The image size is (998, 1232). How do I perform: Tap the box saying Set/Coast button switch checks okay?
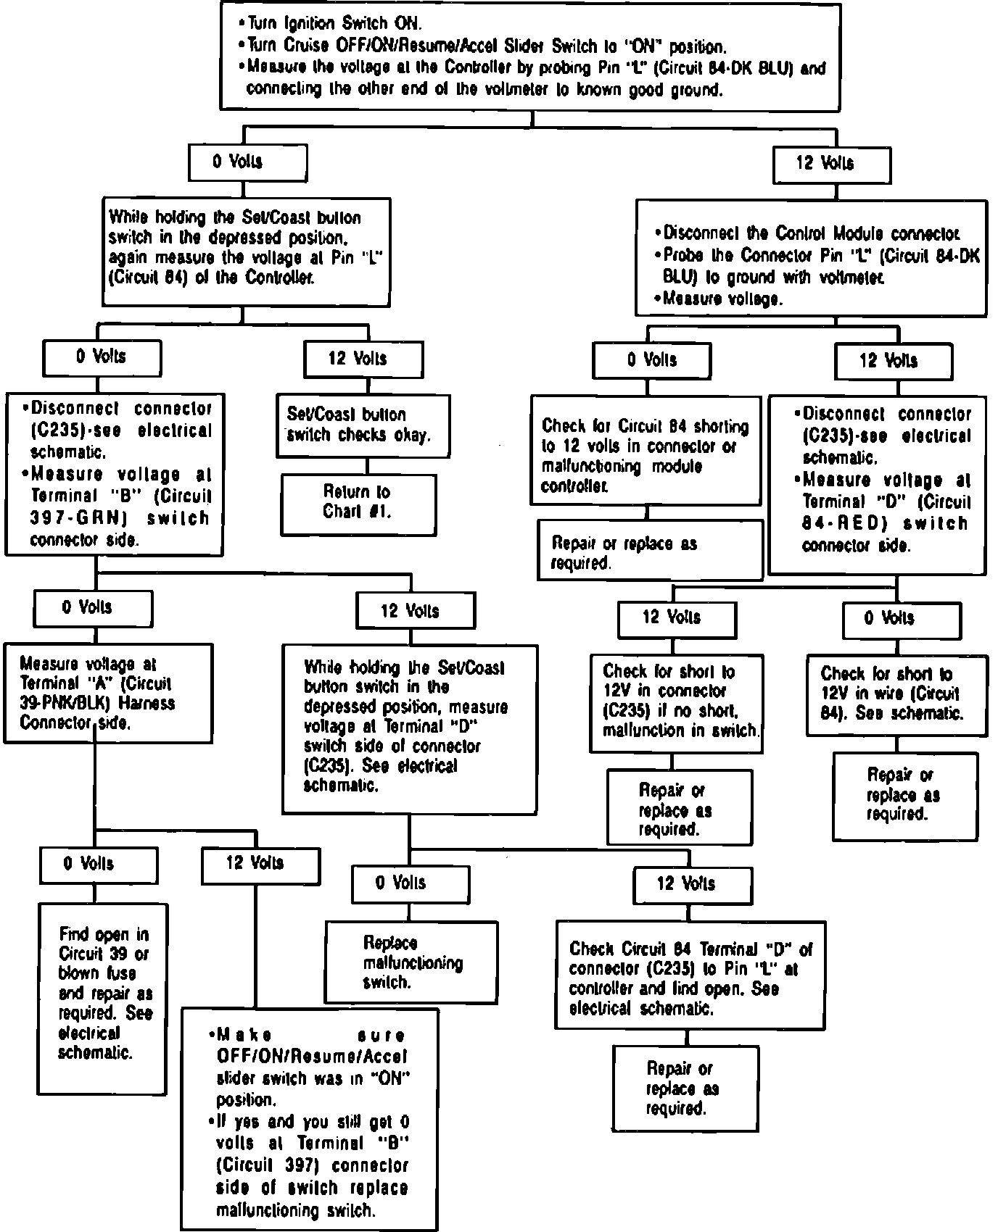363,425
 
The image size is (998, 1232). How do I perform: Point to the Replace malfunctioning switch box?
411,962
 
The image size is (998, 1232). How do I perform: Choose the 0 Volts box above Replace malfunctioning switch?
411,883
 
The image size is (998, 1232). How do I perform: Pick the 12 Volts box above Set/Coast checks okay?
363,359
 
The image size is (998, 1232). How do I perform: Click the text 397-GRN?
60,518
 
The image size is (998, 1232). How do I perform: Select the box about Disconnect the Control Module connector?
811,257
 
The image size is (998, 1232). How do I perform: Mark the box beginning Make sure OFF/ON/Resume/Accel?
310,1118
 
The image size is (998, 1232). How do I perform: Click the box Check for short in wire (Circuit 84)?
896,694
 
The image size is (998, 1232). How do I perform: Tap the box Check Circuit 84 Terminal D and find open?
690,975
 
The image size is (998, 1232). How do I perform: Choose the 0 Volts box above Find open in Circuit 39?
99,864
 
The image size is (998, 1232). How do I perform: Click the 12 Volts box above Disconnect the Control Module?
831,164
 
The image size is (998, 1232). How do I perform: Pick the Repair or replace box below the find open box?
685,1089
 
